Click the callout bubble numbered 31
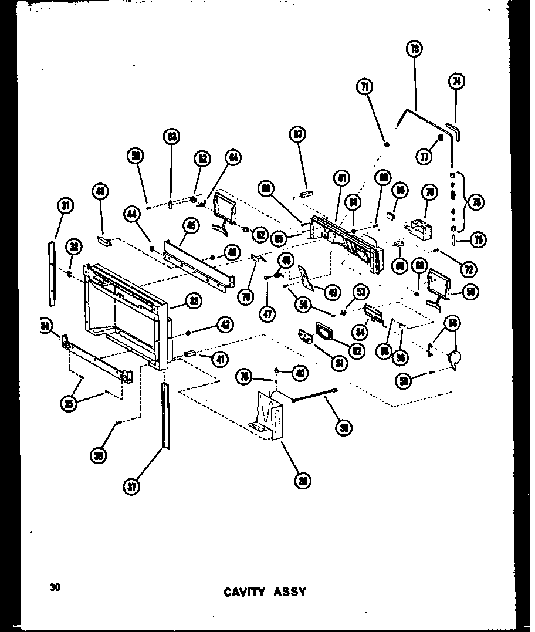tap(66, 205)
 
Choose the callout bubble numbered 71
tap(365, 87)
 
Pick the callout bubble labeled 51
tap(338, 363)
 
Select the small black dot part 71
tap(387, 144)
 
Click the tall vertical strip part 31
tap(51, 273)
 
